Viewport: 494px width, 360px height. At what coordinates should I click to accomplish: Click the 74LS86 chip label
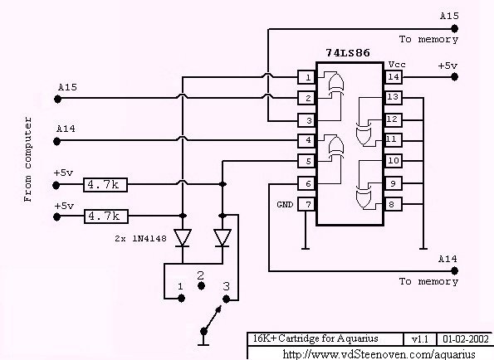(x=348, y=52)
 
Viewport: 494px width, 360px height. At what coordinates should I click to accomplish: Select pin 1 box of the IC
(x=307, y=77)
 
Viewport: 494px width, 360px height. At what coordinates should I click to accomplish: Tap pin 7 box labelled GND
(x=307, y=205)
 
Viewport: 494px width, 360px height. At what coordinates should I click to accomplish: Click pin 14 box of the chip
(x=393, y=77)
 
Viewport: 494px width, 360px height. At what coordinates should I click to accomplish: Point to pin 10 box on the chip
(x=393, y=161)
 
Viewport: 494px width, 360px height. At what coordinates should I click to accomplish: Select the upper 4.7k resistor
(x=105, y=185)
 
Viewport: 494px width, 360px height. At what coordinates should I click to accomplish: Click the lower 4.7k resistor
(x=106, y=216)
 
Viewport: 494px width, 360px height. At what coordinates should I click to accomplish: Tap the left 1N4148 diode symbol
(x=183, y=238)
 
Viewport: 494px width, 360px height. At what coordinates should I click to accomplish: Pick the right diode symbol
(x=223, y=238)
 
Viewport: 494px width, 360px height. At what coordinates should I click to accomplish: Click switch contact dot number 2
(x=201, y=286)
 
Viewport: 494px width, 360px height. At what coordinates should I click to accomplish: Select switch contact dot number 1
(x=181, y=298)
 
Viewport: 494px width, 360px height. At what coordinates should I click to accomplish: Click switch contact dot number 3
(x=226, y=299)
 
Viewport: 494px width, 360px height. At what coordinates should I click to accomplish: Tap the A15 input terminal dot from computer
(x=57, y=100)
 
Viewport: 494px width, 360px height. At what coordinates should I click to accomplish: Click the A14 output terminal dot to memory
(x=454, y=270)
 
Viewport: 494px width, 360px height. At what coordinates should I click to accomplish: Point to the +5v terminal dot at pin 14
(x=454, y=77)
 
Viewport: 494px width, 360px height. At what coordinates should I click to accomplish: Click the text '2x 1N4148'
(x=140, y=239)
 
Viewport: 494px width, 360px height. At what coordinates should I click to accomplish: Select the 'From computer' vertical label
(x=27, y=159)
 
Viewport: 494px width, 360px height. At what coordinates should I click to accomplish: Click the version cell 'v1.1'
(x=420, y=339)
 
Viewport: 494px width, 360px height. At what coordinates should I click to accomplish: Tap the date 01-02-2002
(x=466, y=339)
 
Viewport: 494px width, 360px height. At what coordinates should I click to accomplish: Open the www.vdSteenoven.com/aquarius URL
(x=379, y=354)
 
